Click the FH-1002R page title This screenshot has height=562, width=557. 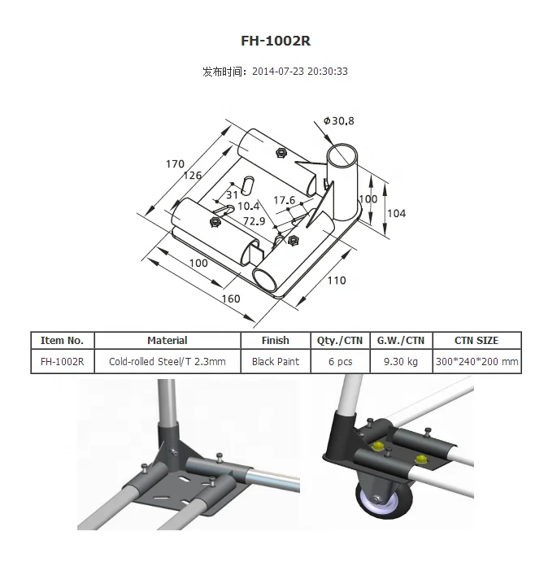pyautogui.click(x=276, y=41)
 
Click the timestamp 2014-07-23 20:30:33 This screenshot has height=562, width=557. pyautogui.click(x=300, y=72)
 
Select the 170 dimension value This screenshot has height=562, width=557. pyautogui.click(x=176, y=164)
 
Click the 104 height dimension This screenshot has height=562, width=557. pyautogui.click(x=395, y=213)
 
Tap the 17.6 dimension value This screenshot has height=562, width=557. pyautogui.click(x=284, y=200)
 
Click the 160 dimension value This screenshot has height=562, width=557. pyautogui.click(x=231, y=298)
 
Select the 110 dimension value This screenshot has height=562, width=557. pyautogui.click(x=336, y=281)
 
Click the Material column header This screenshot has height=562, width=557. pyautogui.click(x=168, y=341)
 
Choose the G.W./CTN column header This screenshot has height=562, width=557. pyautogui.click(x=400, y=341)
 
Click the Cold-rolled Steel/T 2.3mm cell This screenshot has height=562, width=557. pyautogui.click(x=168, y=362)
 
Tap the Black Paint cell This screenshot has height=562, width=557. pyautogui.click(x=276, y=362)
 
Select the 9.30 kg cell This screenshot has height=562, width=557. pyautogui.click(x=400, y=362)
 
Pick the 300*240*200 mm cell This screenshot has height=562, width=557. pyautogui.click(x=476, y=362)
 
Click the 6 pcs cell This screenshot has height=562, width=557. pyautogui.click(x=340, y=362)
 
